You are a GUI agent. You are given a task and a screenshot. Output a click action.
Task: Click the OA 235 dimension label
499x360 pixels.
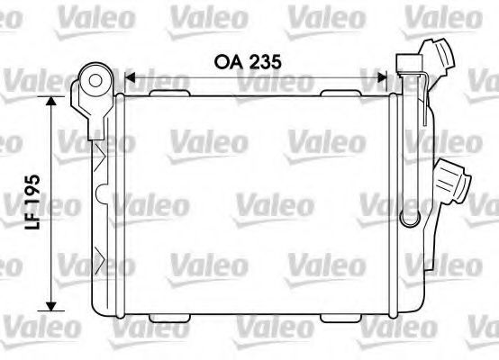pos(248,62)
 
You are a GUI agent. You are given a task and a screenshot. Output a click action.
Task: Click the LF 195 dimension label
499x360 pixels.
pos(32,202)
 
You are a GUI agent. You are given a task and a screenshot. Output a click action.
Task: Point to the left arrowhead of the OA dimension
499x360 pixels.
pos(130,77)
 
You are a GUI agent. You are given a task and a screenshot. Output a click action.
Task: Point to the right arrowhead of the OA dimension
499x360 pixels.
pos(382,77)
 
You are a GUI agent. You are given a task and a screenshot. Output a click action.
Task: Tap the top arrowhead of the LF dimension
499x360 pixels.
pos(51,101)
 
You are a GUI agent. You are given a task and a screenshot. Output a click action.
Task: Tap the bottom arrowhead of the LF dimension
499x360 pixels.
pos(51,306)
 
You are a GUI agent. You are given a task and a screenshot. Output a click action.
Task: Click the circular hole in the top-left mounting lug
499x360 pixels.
pos(95,81)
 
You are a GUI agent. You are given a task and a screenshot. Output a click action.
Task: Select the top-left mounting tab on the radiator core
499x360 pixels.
pos(169,93)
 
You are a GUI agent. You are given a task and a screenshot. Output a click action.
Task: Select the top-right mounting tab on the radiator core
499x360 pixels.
pos(340,93)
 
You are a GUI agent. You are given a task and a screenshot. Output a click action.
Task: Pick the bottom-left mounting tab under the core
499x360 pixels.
pos(169,318)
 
